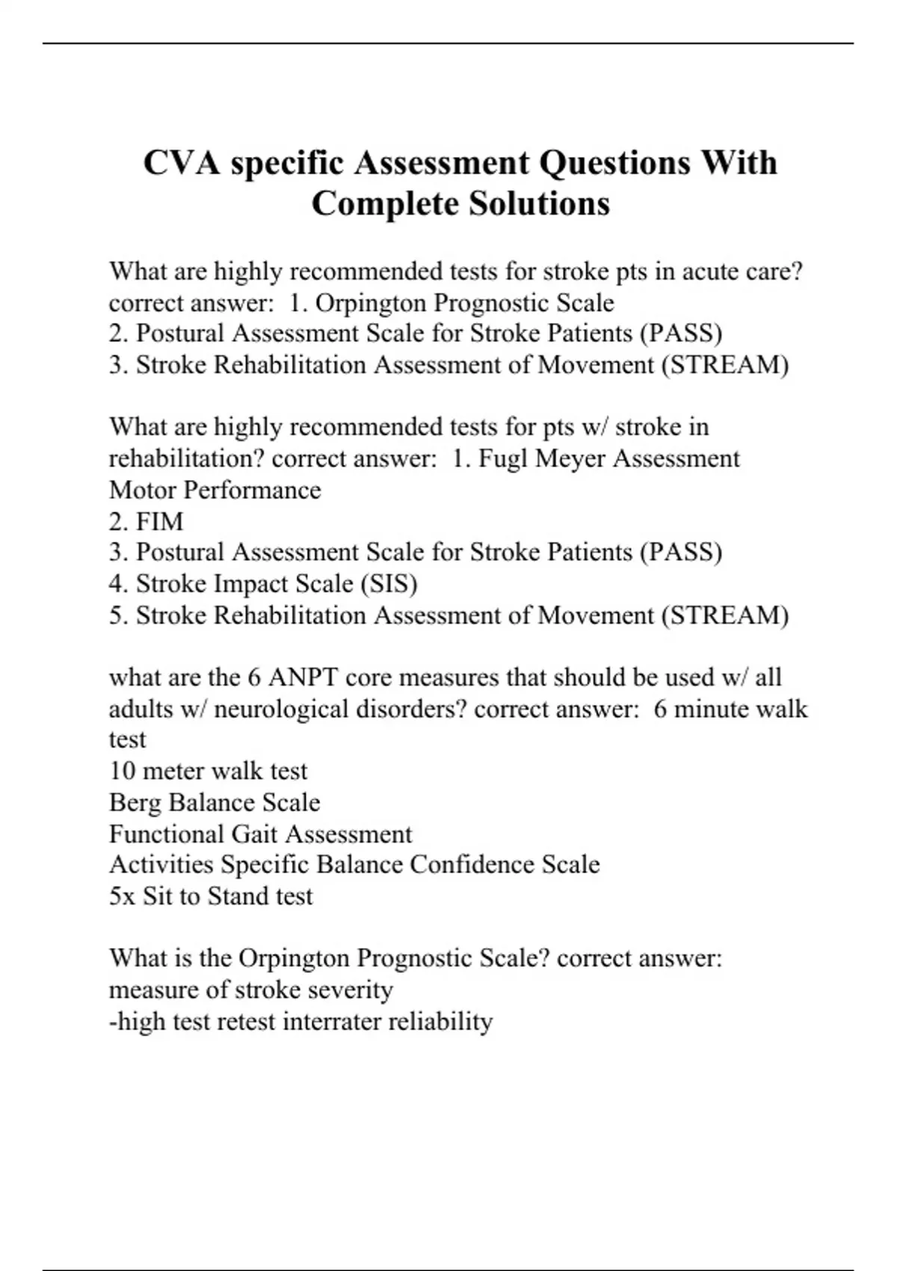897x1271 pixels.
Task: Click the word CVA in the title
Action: pos(182,163)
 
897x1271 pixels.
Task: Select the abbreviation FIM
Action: pos(159,521)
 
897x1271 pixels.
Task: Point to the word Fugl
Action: pos(503,458)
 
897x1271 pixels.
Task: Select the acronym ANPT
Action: pos(303,677)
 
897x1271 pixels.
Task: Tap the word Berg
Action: pos(135,803)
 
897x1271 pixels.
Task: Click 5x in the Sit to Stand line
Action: pos(122,896)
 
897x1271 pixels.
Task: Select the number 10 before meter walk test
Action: pos(122,771)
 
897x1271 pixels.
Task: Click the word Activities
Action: pos(161,865)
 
